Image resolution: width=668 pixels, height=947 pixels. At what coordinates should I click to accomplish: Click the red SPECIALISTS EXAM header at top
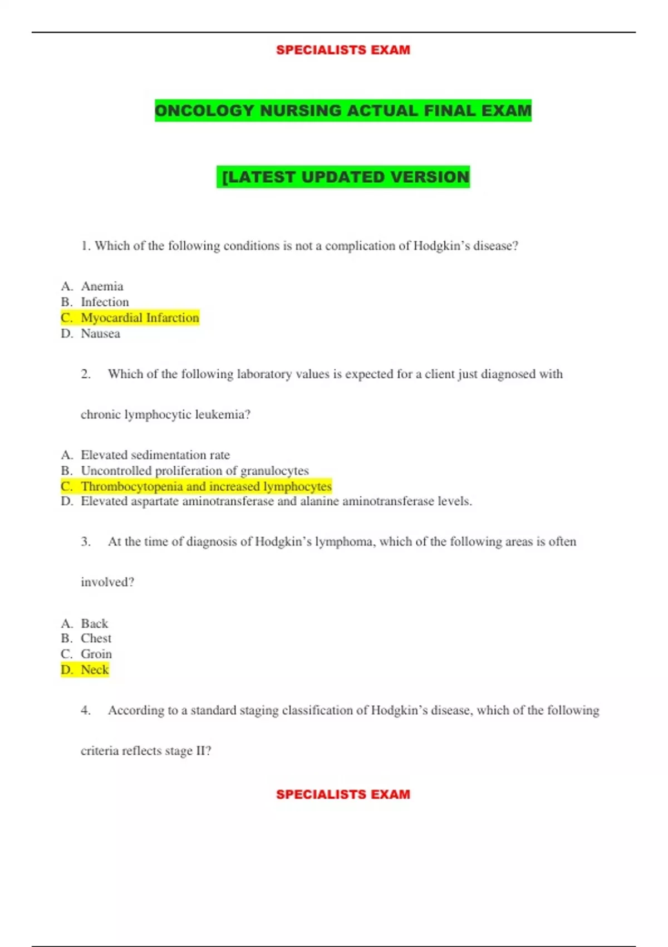click(x=343, y=50)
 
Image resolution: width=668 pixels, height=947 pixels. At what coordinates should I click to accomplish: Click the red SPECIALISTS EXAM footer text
click(x=343, y=794)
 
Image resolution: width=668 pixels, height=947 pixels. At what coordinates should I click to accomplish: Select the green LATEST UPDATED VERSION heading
click(x=343, y=177)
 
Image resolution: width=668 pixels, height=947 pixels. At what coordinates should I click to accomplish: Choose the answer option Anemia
click(x=102, y=286)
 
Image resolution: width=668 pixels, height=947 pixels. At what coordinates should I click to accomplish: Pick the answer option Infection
click(x=105, y=302)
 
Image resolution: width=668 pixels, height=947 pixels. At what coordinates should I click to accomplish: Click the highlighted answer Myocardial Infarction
click(x=140, y=318)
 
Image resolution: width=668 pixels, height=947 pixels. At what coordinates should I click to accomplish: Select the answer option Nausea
click(x=100, y=334)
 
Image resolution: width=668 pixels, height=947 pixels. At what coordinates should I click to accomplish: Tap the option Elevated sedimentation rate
click(x=155, y=455)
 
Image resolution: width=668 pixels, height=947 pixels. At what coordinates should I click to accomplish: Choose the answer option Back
click(x=94, y=623)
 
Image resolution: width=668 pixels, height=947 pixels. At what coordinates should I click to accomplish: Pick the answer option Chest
click(x=96, y=638)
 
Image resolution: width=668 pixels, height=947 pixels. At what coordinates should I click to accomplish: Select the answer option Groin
click(x=96, y=654)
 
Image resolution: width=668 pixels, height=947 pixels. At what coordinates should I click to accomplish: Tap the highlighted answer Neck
click(x=95, y=670)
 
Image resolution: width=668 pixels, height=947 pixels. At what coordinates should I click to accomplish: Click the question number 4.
click(x=85, y=710)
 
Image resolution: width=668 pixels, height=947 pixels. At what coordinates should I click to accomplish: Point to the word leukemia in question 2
click(x=222, y=414)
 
